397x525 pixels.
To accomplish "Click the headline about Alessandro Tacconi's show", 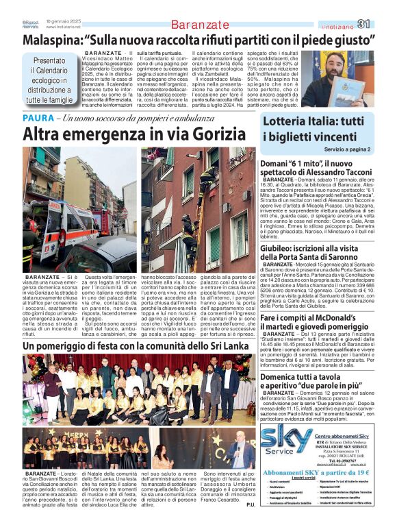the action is point(316,168).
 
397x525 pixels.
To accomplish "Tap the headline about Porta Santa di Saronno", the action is point(316,252).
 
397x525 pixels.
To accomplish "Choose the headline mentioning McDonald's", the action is point(316,304).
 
